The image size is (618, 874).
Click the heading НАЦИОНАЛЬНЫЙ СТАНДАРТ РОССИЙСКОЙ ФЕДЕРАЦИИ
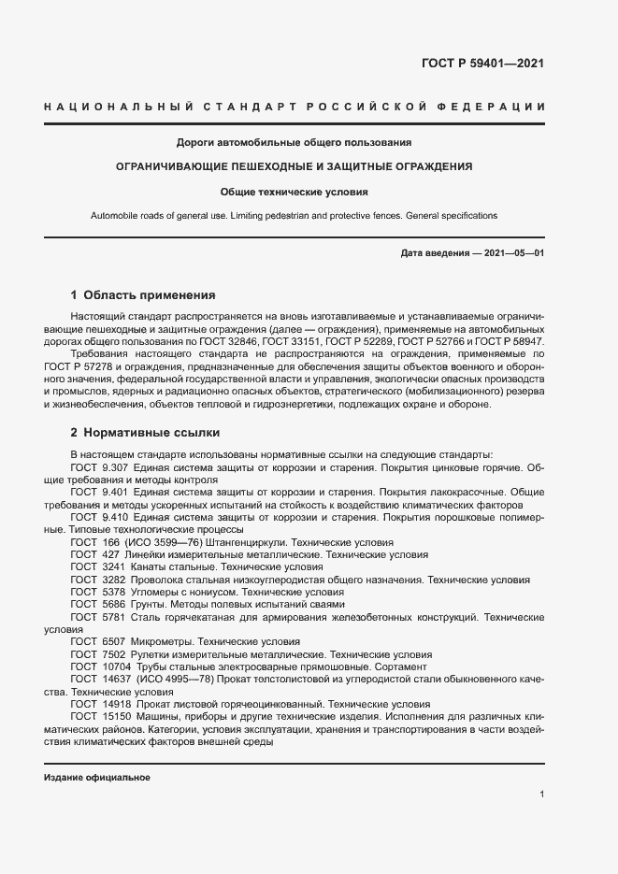point(295,107)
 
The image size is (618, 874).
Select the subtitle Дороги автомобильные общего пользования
point(295,142)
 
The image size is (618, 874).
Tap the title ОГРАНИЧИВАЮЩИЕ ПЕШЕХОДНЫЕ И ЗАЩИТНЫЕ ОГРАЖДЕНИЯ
point(295,166)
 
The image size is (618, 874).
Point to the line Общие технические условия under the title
point(295,192)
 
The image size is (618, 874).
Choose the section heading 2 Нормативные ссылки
point(145,434)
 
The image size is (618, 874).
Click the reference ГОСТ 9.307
point(98,466)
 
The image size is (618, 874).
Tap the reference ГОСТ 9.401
point(98,491)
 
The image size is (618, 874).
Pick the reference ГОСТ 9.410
point(98,516)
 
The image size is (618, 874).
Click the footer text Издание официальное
point(96,778)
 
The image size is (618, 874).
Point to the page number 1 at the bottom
point(542,794)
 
